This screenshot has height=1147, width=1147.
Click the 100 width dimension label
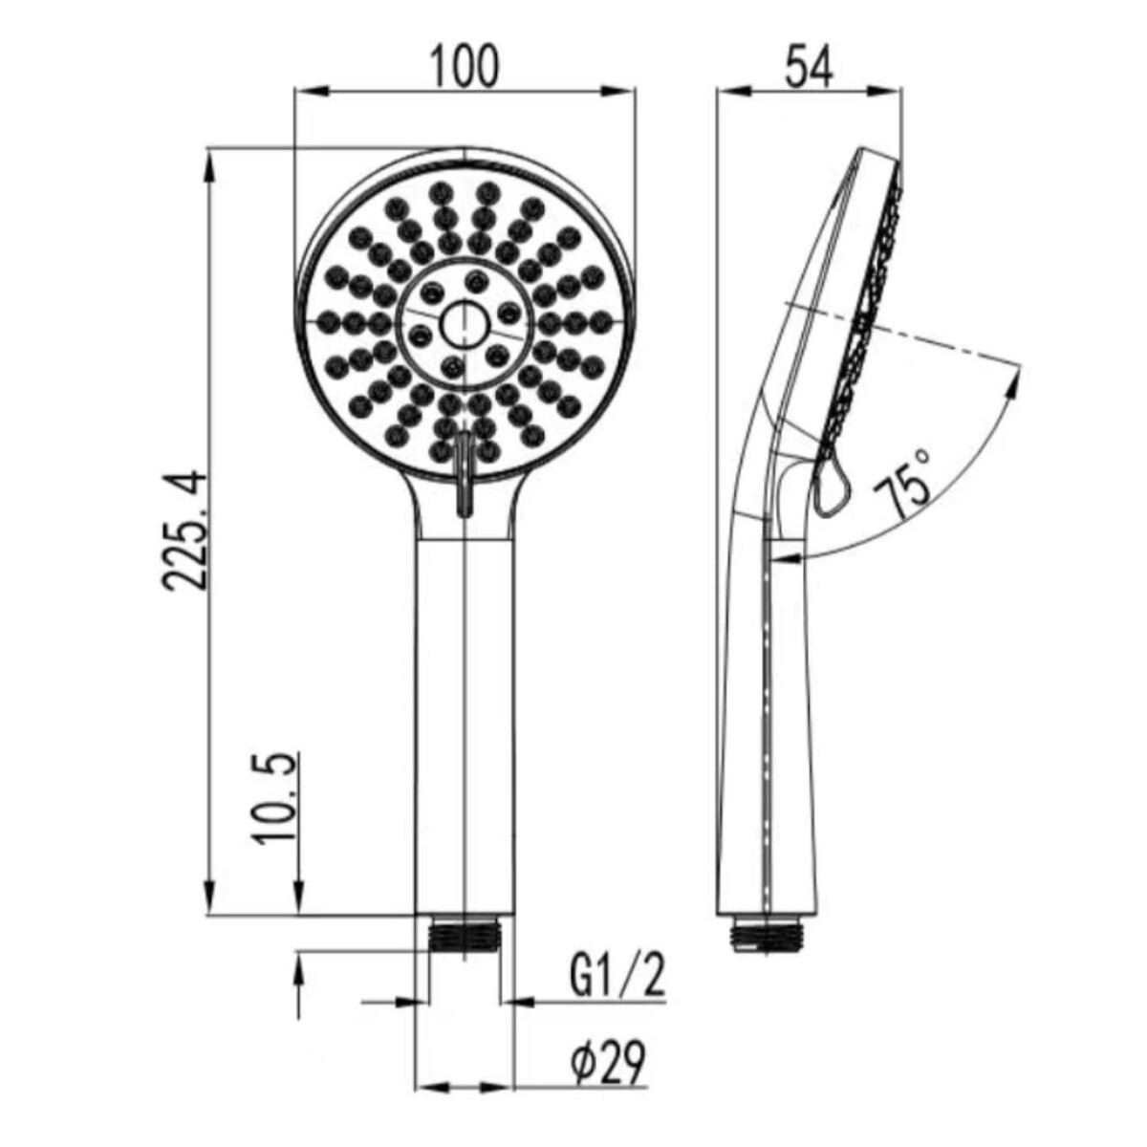pos(465,67)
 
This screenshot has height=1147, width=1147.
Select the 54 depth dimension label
pos(809,67)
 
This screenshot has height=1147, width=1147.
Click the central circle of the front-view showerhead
pos(465,324)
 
